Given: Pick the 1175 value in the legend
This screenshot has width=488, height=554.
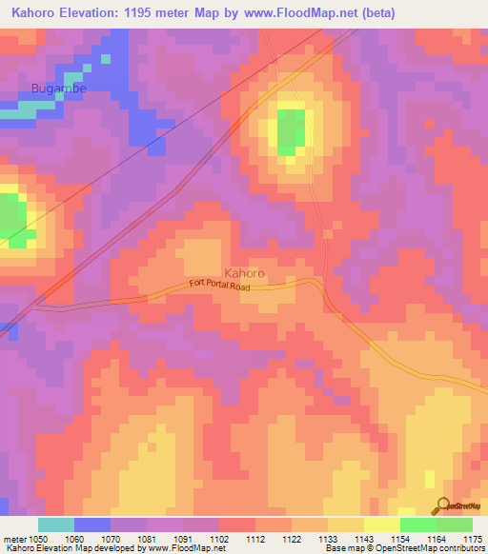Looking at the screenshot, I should coord(472,539).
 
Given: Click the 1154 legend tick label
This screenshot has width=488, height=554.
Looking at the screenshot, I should coord(399,539).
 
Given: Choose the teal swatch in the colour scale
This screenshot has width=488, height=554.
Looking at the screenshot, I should coord(56,524).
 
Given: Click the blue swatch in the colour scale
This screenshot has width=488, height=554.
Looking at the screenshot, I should coord(92,524).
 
